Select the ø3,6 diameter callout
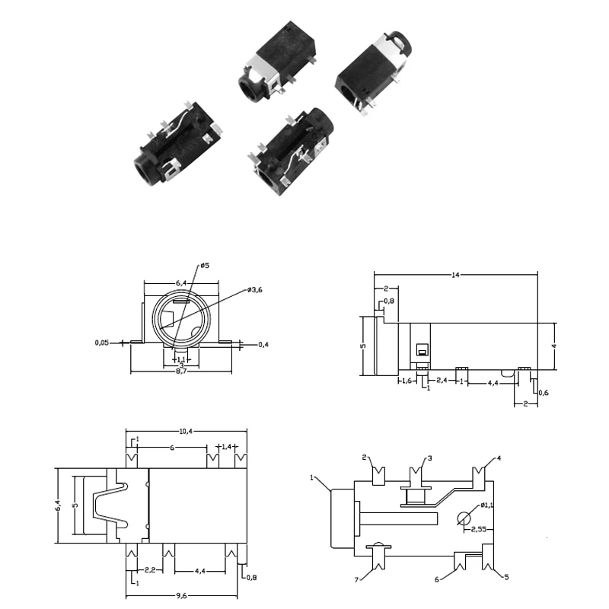pyautogui.click(x=256, y=290)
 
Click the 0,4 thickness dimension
pyautogui.click(x=263, y=345)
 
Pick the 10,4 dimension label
pyautogui.click(x=186, y=432)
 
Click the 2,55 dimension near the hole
pyautogui.click(x=480, y=528)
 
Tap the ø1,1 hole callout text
pyautogui.click(x=484, y=505)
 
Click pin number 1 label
pyautogui.click(x=312, y=477)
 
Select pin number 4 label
pyautogui.click(x=499, y=458)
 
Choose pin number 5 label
pyautogui.click(x=505, y=576)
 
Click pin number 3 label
pyautogui.click(x=429, y=458)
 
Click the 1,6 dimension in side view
pyautogui.click(x=407, y=381)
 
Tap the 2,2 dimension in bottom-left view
pyautogui.click(x=150, y=569)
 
